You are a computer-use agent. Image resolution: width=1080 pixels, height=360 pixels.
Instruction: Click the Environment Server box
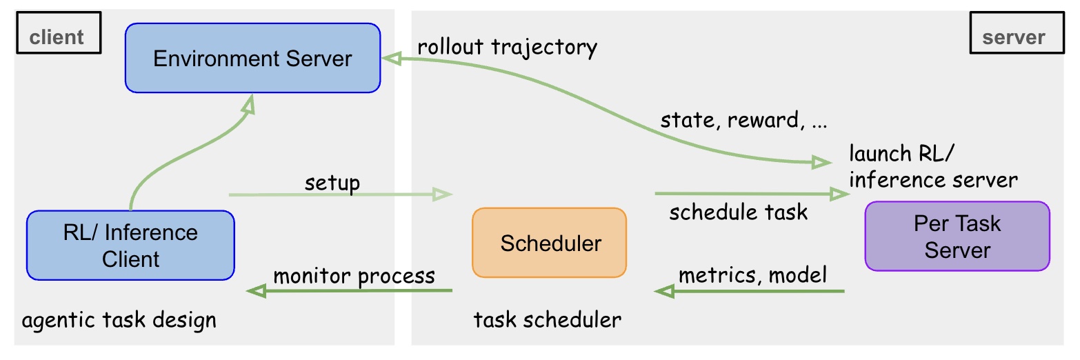coord(252,59)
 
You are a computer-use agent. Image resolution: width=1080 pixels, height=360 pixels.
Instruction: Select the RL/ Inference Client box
coord(130,246)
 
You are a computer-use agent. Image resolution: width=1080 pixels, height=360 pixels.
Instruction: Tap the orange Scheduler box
coord(549,243)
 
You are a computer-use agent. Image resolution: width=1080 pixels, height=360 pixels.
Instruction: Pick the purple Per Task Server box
coord(957,237)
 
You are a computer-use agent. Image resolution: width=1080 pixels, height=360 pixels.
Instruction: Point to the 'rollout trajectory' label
coord(507,47)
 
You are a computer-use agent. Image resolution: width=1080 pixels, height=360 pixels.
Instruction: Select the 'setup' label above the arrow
coord(332,183)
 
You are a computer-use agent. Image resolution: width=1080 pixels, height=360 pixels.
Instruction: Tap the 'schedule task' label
coord(738,211)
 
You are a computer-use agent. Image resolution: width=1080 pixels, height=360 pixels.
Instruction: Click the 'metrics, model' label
coord(752,275)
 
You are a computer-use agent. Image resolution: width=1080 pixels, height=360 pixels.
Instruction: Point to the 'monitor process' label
coord(354,276)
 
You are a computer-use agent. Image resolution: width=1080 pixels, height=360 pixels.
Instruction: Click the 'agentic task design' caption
coord(119,320)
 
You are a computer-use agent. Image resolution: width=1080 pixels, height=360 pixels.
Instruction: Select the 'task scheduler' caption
coord(547,320)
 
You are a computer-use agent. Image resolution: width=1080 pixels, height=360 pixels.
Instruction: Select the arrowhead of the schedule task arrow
coord(840,194)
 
